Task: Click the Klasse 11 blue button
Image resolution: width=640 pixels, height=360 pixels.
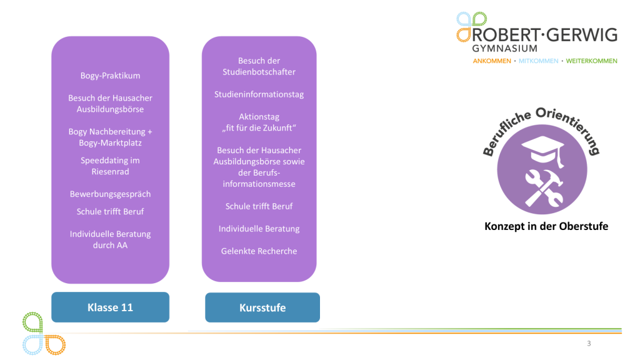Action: [110, 307]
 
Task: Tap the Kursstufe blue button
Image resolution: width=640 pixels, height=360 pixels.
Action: [262, 307]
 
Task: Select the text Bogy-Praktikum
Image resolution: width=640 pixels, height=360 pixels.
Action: [110, 76]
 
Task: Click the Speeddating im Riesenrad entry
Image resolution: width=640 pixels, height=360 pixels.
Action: [110, 166]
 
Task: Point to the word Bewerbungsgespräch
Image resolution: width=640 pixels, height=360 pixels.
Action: [110, 194]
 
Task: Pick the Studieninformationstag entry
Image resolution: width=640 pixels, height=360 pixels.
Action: [259, 94]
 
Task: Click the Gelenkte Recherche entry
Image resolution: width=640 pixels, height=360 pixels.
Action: [259, 251]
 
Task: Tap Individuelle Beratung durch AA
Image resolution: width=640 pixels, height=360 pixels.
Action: [110, 239]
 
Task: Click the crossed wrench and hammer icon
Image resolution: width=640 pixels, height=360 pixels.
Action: [544, 187]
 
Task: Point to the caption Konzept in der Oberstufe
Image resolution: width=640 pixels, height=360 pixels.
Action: [546, 226]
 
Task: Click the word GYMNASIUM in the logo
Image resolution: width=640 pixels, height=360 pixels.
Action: [504, 48]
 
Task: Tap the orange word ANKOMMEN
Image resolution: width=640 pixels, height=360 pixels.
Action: [492, 61]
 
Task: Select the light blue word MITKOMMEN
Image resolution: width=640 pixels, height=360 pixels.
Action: [538, 61]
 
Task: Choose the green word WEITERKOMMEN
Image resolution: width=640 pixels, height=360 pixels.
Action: [591, 61]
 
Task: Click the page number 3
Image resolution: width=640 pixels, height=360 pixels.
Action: [589, 343]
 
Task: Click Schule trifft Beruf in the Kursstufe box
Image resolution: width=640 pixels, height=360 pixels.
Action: [259, 206]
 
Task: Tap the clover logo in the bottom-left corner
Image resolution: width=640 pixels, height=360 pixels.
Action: [44, 334]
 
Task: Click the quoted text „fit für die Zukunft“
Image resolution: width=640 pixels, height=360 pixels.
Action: [259, 127]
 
